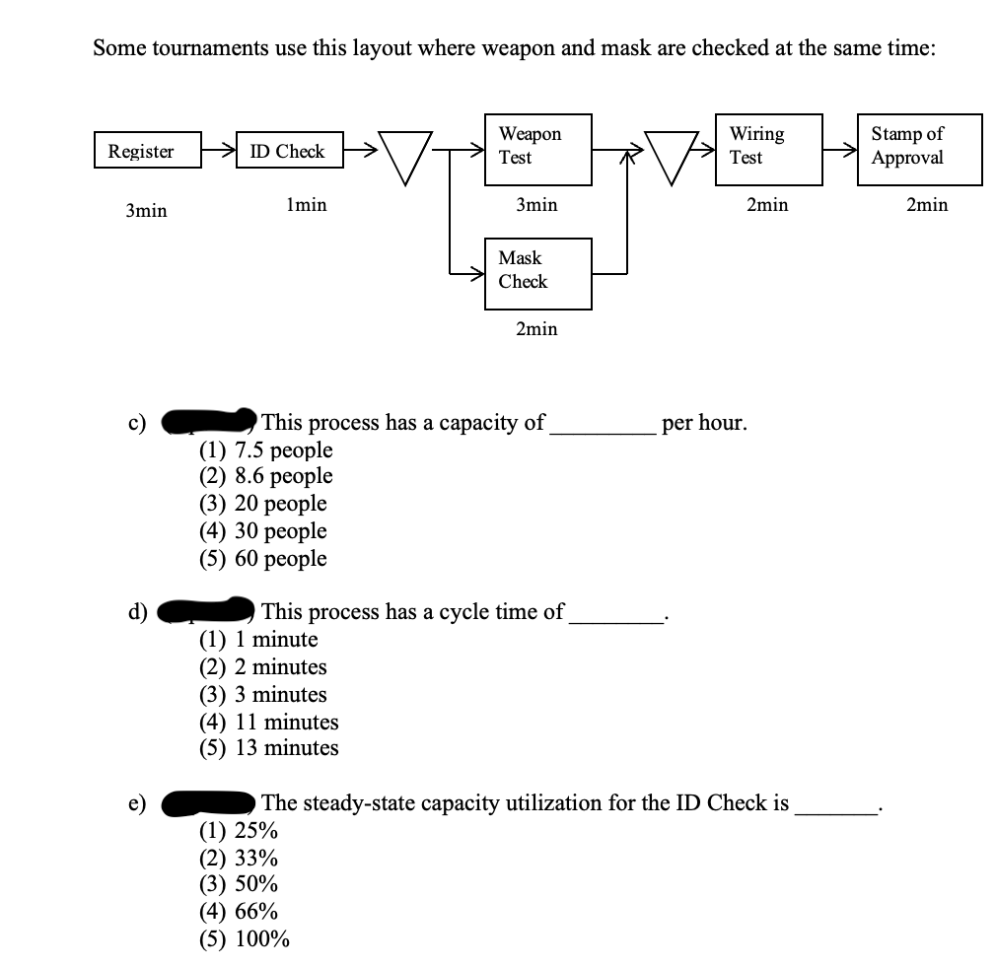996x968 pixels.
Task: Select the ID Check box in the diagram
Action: pos(287,151)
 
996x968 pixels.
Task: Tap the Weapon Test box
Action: pos(537,148)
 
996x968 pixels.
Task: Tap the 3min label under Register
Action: pos(146,211)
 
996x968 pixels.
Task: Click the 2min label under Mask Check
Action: pos(536,329)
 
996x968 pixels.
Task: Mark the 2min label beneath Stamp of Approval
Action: pos(927,205)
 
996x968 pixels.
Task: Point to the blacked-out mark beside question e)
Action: pos(208,804)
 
